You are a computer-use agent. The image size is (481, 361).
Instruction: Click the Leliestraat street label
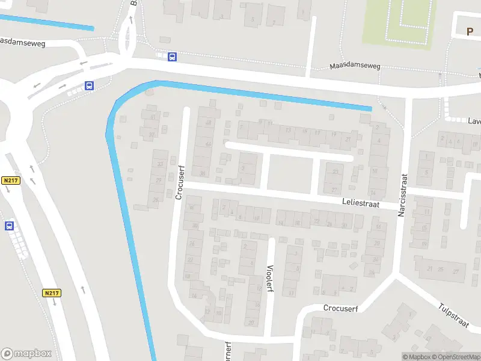[361, 205]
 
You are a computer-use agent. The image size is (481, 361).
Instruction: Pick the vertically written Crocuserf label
[179, 182]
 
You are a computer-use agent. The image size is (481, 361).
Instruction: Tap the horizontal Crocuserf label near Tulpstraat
[340, 308]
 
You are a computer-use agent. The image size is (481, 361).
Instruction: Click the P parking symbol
[470, 31]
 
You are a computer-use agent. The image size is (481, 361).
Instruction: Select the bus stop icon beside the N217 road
[9, 226]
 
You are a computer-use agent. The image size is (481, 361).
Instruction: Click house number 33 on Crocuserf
[160, 164]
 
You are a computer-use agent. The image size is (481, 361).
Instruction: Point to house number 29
[159, 180]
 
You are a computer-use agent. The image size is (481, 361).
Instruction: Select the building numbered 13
[289, 130]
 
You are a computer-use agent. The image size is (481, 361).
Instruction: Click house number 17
[317, 132]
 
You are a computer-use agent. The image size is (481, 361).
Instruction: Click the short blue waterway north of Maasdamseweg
[48, 22]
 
